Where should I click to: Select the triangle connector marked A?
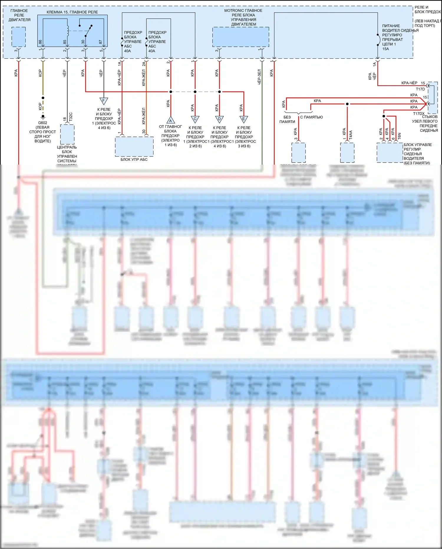coord(170,120)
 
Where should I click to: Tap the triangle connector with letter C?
coord(195,119)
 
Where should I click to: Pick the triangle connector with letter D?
coord(219,119)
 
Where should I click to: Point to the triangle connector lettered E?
coord(243,119)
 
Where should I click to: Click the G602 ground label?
coord(42,123)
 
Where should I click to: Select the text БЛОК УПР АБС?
coord(134,160)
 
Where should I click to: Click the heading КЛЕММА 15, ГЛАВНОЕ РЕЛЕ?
coord(72,12)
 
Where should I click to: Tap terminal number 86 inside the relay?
coord(40,42)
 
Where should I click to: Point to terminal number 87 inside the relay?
coord(100,42)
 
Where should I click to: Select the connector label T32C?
coord(71,117)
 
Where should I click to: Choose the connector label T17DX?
coord(418,114)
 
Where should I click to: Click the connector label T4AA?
coord(351,135)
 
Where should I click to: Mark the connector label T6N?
coord(399,136)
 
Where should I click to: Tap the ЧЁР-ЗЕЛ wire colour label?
coord(259,77)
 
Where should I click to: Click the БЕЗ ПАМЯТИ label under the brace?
coord(287,119)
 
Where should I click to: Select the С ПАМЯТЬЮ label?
coord(311,117)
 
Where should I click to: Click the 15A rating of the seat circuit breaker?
coord(385,49)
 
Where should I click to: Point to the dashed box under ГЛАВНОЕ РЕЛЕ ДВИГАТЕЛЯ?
coord(19,37)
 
